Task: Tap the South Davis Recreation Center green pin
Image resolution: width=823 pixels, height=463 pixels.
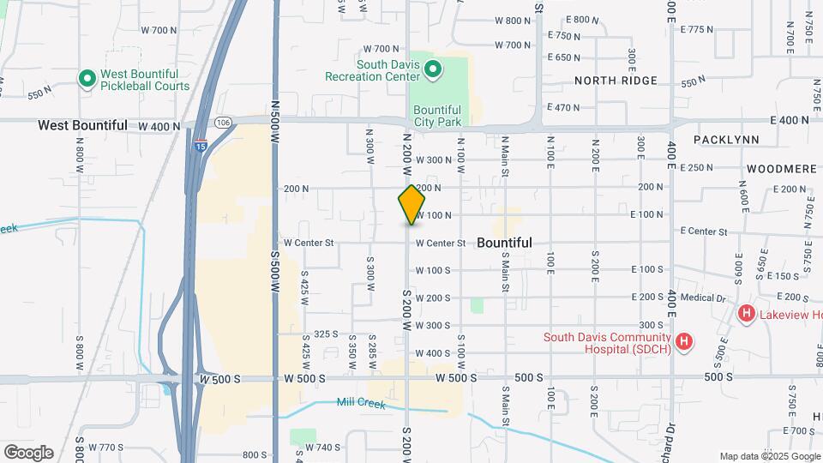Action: tap(433, 69)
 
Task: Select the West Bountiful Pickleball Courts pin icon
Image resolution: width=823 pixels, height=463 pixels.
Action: tap(87, 80)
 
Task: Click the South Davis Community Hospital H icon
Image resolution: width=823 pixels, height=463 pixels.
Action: tap(684, 343)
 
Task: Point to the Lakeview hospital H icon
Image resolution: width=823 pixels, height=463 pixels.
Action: tap(747, 315)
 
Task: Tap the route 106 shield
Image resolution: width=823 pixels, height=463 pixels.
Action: tap(223, 123)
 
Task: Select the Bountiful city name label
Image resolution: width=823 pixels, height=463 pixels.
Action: tap(504, 243)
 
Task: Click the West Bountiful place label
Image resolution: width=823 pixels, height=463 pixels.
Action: tap(82, 125)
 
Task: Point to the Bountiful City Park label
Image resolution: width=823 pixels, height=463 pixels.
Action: tap(437, 116)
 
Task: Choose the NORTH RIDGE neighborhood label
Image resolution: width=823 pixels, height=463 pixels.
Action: tap(616, 81)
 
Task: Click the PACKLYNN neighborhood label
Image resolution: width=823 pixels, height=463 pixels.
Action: tap(724, 139)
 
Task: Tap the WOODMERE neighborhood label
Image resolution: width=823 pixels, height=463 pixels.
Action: tap(780, 169)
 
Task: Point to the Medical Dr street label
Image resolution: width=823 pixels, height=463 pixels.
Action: tap(708, 298)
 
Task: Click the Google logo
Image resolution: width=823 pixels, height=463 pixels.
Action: tap(28, 453)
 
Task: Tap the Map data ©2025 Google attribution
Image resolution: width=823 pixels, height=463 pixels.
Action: tap(770, 456)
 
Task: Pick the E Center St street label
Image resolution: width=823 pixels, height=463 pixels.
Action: tap(703, 231)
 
